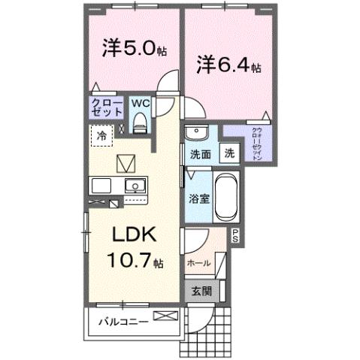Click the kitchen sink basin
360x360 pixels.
(135, 186)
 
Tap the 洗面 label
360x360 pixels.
(199, 154)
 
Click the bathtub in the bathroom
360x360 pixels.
(226, 198)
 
